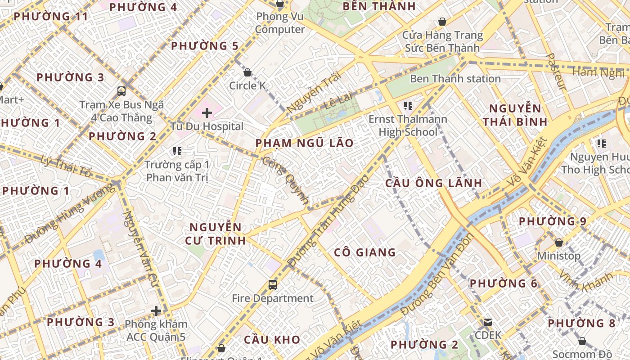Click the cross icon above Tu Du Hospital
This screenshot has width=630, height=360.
[207, 113]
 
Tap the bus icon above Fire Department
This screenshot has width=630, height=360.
[273, 284]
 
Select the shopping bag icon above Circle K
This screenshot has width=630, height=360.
[247, 72]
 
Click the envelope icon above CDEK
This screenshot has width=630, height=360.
[488, 322]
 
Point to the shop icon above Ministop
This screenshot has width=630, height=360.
[559, 243]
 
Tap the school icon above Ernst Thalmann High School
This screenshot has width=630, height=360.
[408, 106]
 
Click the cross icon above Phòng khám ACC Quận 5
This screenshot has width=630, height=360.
[156, 311]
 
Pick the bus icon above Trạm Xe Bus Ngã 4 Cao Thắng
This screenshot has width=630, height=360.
[121, 91]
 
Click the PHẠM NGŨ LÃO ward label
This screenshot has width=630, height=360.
[305, 143]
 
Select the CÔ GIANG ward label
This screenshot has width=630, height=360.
[365, 252]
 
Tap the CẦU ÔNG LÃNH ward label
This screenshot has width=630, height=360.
[434, 183]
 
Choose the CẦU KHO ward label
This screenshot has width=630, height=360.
[272, 339]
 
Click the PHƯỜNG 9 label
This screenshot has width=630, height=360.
[553, 221]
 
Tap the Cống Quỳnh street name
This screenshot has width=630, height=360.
[286, 180]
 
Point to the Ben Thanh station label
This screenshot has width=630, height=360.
[455, 79]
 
